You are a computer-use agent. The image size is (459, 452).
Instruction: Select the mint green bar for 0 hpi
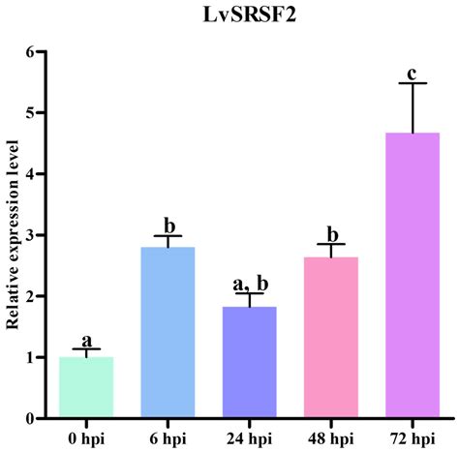[x=86, y=387]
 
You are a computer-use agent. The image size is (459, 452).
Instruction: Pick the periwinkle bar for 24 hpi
[x=249, y=362]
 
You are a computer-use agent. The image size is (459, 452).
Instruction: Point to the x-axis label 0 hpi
[x=86, y=437]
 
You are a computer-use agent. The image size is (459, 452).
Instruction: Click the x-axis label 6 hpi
[x=168, y=437]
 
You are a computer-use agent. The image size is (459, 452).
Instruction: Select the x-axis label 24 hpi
[x=249, y=437]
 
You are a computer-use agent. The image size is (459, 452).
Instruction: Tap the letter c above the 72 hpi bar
[x=412, y=72]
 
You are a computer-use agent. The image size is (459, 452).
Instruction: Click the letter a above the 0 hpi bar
[x=86, y=340]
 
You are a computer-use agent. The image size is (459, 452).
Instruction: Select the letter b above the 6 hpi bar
[x=168, y=226]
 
